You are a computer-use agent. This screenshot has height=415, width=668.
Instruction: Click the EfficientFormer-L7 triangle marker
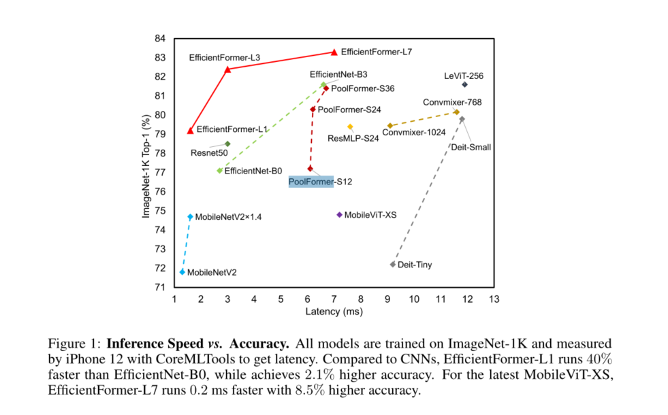334,52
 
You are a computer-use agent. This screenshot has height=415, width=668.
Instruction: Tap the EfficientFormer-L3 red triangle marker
227,69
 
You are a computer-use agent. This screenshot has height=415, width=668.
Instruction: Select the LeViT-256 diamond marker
465,84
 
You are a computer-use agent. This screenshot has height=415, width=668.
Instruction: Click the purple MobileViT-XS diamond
340,215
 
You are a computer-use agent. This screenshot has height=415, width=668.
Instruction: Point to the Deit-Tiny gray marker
393,264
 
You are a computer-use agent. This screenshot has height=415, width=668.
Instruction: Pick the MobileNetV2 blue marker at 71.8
182,272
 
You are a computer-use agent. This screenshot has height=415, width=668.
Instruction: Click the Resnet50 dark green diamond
227,144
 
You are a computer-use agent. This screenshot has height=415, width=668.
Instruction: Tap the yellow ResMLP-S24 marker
351,127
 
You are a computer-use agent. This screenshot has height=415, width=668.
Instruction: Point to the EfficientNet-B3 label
338,73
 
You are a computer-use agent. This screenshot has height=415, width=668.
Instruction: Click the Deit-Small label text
471,146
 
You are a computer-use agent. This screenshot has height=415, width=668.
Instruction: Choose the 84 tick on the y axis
162,39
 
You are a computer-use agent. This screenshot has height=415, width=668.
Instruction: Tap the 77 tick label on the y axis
162,173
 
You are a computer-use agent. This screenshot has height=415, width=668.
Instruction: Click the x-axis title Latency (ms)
334,312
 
